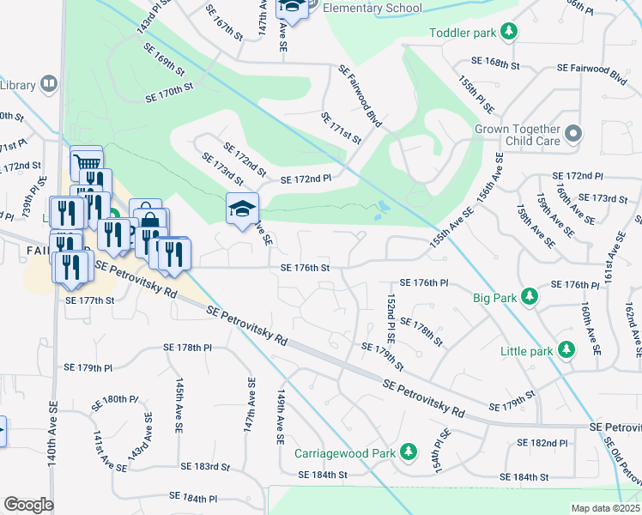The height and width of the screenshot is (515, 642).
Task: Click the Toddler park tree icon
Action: click(510, 33)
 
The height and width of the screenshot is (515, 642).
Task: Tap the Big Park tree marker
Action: click(531, 298)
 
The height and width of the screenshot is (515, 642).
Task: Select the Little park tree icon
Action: click(566, 350)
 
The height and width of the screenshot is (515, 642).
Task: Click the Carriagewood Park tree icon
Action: click(409, 452)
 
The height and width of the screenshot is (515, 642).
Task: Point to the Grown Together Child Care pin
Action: click(574, 134)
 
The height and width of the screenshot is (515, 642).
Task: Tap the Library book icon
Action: click(48, 84)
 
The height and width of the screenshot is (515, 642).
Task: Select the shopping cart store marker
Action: click(86, 161)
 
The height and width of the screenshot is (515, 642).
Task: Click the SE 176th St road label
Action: click(306, 268)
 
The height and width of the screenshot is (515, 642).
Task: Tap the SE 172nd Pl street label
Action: click(306, 179)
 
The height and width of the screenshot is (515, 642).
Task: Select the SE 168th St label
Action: click(497, 62)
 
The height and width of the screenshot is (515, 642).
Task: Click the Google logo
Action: click(28, 504)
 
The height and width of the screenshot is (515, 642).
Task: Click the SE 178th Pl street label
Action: click(188, 348)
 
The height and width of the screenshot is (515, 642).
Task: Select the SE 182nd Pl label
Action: click(542, 443)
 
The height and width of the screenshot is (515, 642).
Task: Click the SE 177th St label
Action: click(90, 300)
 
